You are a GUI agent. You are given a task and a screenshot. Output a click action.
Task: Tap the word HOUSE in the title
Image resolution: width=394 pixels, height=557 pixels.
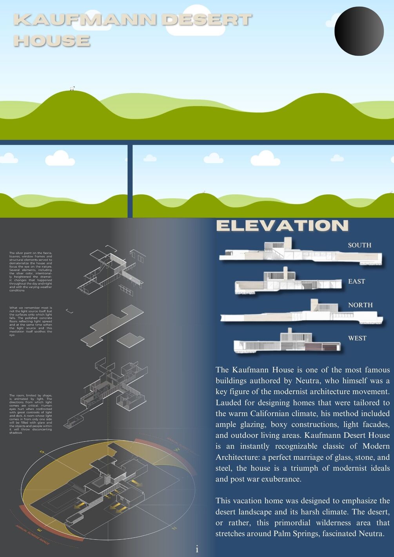coord(52,40)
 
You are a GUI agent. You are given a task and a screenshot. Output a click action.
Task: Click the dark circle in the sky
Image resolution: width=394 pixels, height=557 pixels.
coord(359,31)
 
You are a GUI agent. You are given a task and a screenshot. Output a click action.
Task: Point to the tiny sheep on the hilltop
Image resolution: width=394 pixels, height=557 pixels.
coord(72,88)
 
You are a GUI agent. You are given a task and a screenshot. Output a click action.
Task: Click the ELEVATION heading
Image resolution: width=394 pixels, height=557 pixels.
coord(282,225)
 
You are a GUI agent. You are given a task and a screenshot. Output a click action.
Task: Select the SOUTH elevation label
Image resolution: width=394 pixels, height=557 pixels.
coord(360,245)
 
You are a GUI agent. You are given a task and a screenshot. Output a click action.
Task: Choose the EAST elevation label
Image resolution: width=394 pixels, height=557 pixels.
coord(356,281)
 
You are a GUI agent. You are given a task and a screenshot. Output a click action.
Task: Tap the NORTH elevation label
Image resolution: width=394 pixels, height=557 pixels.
coord(360,305)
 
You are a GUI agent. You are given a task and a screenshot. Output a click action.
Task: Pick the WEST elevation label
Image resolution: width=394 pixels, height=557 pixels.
coord(357,338)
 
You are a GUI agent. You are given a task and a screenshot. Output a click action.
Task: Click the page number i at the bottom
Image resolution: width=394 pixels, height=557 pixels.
coord(197,549)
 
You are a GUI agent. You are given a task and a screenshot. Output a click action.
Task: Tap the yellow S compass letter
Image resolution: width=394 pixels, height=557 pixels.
coord(42,452)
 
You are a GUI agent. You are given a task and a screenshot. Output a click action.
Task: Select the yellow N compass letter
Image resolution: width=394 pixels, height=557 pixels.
coord(174,528)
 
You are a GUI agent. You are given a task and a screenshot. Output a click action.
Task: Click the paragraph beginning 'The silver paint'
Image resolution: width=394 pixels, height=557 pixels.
coord(31,272)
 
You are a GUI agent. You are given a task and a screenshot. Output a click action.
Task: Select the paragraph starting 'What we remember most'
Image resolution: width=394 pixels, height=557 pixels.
coord(31,321)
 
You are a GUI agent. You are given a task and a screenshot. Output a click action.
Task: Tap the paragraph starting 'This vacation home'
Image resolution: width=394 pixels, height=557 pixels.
coord(302,517)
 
